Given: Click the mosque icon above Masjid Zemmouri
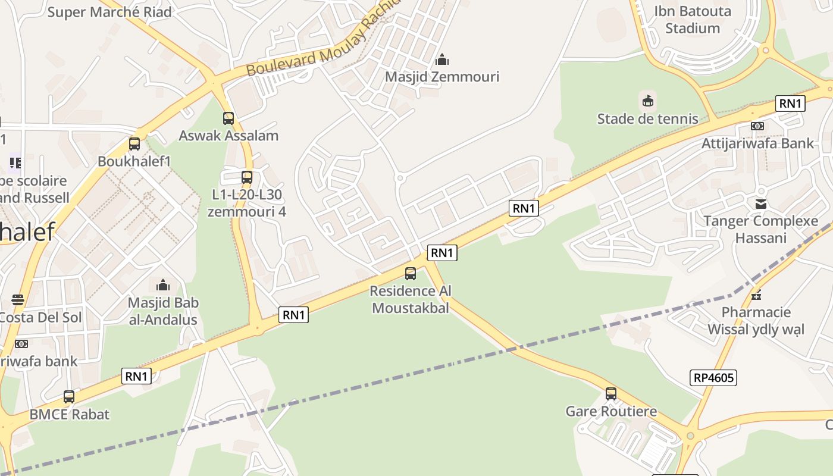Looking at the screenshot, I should (x=442, y=59).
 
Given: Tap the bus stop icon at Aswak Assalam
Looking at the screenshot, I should (x=228, y=118).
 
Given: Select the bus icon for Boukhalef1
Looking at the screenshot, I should (x=134, y=144).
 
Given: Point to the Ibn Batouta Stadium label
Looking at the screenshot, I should (x=693, y=20).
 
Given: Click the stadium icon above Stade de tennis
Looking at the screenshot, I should (x=648, y=101).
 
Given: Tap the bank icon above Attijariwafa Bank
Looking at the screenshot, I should (x=757, y=126).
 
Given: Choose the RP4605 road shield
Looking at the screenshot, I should (x=714, y=377).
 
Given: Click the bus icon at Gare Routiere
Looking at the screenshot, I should (x=611, y=394).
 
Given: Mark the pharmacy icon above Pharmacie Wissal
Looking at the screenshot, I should (x=756, y=295).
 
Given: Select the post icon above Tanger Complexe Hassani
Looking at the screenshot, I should (x=761, y=204).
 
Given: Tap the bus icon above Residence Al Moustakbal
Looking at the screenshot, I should (x=411, y=274).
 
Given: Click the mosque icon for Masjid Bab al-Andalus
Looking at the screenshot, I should (x=163, y=285).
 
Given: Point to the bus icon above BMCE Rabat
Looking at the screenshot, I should (x=69, y=397).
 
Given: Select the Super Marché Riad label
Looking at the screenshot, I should (x=109, y=12).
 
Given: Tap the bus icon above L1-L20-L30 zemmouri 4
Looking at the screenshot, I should (x=247, y=177).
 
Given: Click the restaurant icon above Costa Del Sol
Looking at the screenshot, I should (x=18, y=300).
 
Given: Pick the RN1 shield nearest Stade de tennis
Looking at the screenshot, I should (x=790, y=104).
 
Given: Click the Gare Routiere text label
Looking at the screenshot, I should (x=611, y=411).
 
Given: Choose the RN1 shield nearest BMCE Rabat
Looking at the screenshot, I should (x=137, y=376).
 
